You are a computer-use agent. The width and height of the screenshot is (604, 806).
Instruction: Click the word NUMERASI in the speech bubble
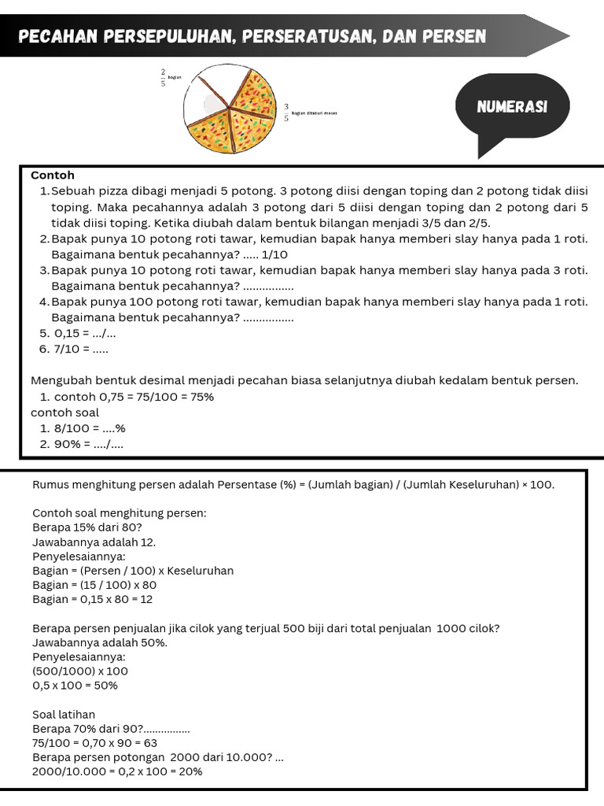[512, 107]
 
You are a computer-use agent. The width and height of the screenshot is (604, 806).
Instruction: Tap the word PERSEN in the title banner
[454, 36]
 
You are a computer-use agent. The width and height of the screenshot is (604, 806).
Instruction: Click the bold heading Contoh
[53, 176]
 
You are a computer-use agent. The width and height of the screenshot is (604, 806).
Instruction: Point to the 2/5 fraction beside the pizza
[163, 76]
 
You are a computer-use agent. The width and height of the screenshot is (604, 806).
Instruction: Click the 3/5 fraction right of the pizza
[286, 113]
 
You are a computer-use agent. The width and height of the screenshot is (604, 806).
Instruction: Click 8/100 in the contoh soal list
[68, 429]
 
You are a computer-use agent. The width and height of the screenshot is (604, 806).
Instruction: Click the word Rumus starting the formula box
[50, 485]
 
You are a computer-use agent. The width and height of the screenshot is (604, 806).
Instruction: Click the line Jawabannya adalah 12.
[94, 542]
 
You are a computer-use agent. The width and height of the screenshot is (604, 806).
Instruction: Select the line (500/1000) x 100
[79, 671]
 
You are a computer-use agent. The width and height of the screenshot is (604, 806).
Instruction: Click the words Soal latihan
[64, 715]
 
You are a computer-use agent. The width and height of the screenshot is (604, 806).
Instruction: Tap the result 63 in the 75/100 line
[149, 743]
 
